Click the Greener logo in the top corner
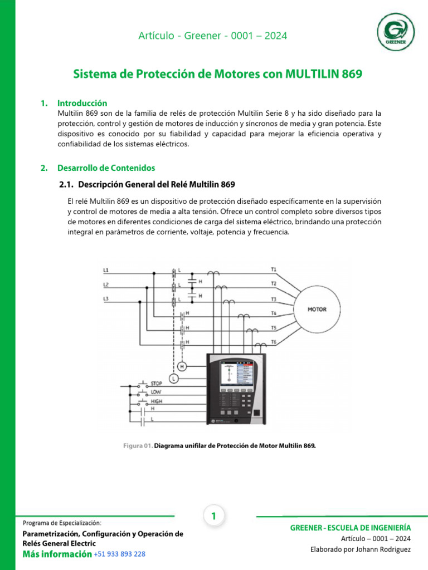click(x=396, y=31)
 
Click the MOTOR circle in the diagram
click(x=317, y=309)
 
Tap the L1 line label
click(x=106, y=270)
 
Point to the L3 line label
click(x=106, y=299)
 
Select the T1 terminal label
click(x=274, y=269)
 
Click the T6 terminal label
click(x=274, y=341)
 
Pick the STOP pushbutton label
click(x=157, y=384)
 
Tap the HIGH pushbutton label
click(x=157, y=400)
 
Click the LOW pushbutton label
click(x=156, y=392)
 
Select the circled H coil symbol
click(x=182, y=366)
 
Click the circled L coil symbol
click(x=174, y=379)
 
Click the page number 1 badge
click(x=213, y=517)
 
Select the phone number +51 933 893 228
click(x=120, y=554)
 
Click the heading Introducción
click(x=82, y=103)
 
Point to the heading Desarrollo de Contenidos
click(x=106, y=168)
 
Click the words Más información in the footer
click(x=56, y=554)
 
